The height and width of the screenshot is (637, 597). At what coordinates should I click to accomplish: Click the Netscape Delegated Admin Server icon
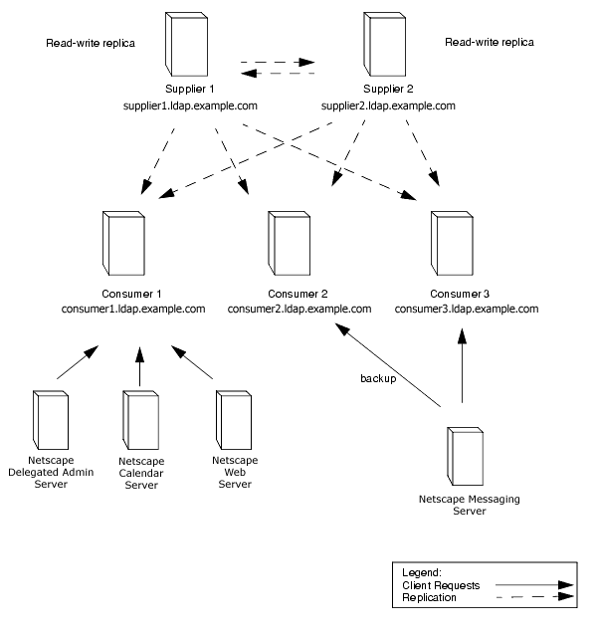click(x=52, y=420)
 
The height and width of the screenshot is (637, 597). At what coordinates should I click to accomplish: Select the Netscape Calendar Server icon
click(x=139, y=420)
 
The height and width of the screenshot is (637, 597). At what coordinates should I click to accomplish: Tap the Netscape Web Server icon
click(x=231, y=420)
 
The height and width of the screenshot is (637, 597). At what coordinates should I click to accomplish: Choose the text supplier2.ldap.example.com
click(x=389, y=106)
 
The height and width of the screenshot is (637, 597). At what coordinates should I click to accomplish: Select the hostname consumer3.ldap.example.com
click(x=467, y=309)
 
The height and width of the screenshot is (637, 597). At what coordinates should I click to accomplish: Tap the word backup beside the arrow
click(x=377, y=379)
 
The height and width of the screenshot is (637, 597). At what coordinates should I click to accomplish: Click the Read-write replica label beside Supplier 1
click(x=91, y=44)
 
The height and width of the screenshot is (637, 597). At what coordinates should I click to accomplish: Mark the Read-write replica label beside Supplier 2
click(x=489, y=43)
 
